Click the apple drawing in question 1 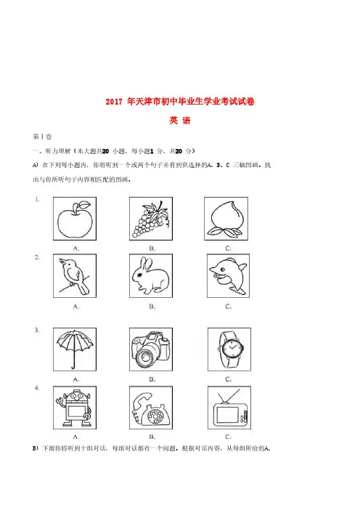click(x=75, y=219)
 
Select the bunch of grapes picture click(x=150, y=219)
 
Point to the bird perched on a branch click(x=75, y=277)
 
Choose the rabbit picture click(x=150, y=276)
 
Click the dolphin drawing click(x=228, y=275)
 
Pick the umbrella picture click(x=75, y=349)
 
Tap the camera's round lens click(x=144, y=357)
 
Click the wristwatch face click(x=232, y=349)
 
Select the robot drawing click(x=74, y=408)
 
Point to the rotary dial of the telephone click(x=155, y=416)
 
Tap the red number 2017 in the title click(x=114, y=102)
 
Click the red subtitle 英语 click(x=180, y=121)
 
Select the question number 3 click(x=37, y=330)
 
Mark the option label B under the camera click(x=152, y=379)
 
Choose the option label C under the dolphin click(x=228, y=307)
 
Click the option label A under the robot click(x=76, y=437)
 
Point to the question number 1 click(x=37, y=199)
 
